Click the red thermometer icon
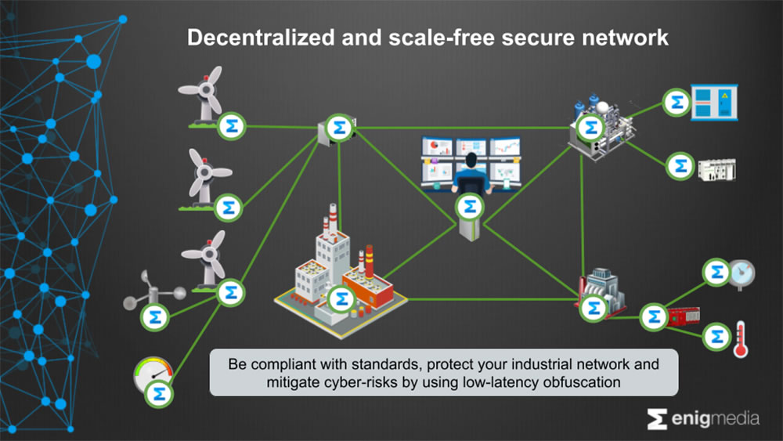(x=739, y=339)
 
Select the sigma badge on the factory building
(x=341, y=298)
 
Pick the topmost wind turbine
(x=205, y=94)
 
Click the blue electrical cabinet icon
(x=715, y=103)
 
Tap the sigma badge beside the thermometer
(x=715, y=338)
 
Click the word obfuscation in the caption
(x=608, y=382)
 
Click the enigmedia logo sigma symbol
(x=657, y=419)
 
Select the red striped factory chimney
(x=369, y=262)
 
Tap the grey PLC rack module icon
(x=716, y=168)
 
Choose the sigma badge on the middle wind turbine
(x=229, y=208)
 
